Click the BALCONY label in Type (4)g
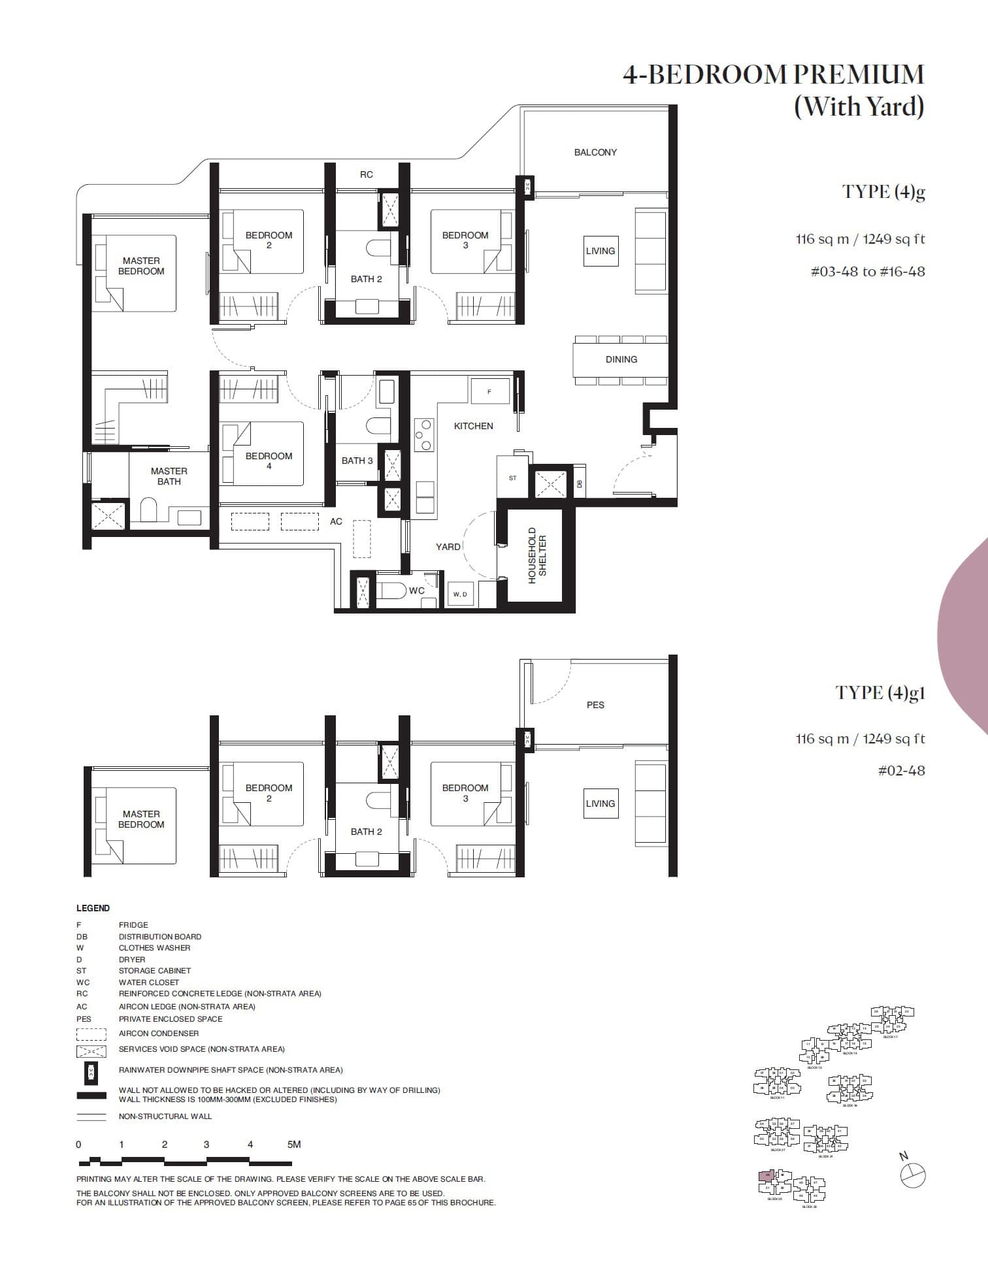pyautogui.click(x=595, y=152)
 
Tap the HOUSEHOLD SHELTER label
pyautogui.click(x=536, y=555)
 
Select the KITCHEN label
pyautogui.click(x=473, y=426)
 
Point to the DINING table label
pyautogui.click(x=621, y=359)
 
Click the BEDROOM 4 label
pyautogui.click(x=269, y=461)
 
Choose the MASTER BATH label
pyautogui.click(x=169, y=476)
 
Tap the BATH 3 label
pyautogui.click(x=357, y=461)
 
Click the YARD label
pyautogui.click(x=448, y=547)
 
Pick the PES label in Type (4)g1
pyautogui.click(x=595, y=705)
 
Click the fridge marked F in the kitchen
pyautogui.click(x=489, y=391)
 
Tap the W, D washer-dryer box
pyautogui.click(x=460, y=594)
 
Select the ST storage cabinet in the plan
pyautogui.click(x=512, y=478)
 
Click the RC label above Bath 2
pyautogui.click(x=366, y=174)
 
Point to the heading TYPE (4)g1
pyautogui.click(x=880, y=692)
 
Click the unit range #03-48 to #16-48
pyautogui.click(x=867, y=271)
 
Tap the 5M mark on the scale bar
pyautogui.click(x=293, y=1144)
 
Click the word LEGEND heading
pyautogui.click(x=93, y=908)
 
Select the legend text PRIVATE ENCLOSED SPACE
pyautogui.click(x=170, y=1018)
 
